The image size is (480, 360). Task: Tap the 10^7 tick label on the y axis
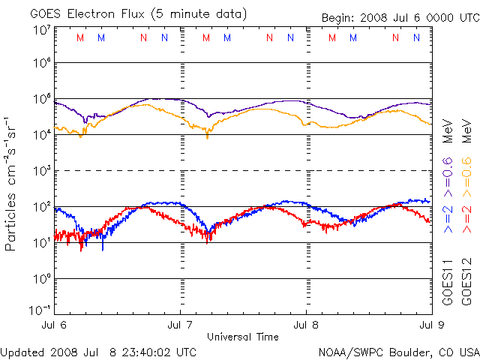tap(42, 30)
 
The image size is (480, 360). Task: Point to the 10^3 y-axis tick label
tap(42, 172)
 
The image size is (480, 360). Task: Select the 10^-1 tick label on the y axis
tap(40, 312)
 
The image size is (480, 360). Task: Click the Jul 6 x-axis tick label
tap(55, 325)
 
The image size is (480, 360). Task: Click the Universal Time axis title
tap(243, 336)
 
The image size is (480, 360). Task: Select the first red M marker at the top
tap(81, 37)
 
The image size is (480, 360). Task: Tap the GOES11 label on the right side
tap(448, 281)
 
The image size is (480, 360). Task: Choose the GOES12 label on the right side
tap(465, 281)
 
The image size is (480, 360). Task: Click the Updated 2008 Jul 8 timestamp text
tap(99, 351)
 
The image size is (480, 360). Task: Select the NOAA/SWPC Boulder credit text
tap(398, 351)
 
